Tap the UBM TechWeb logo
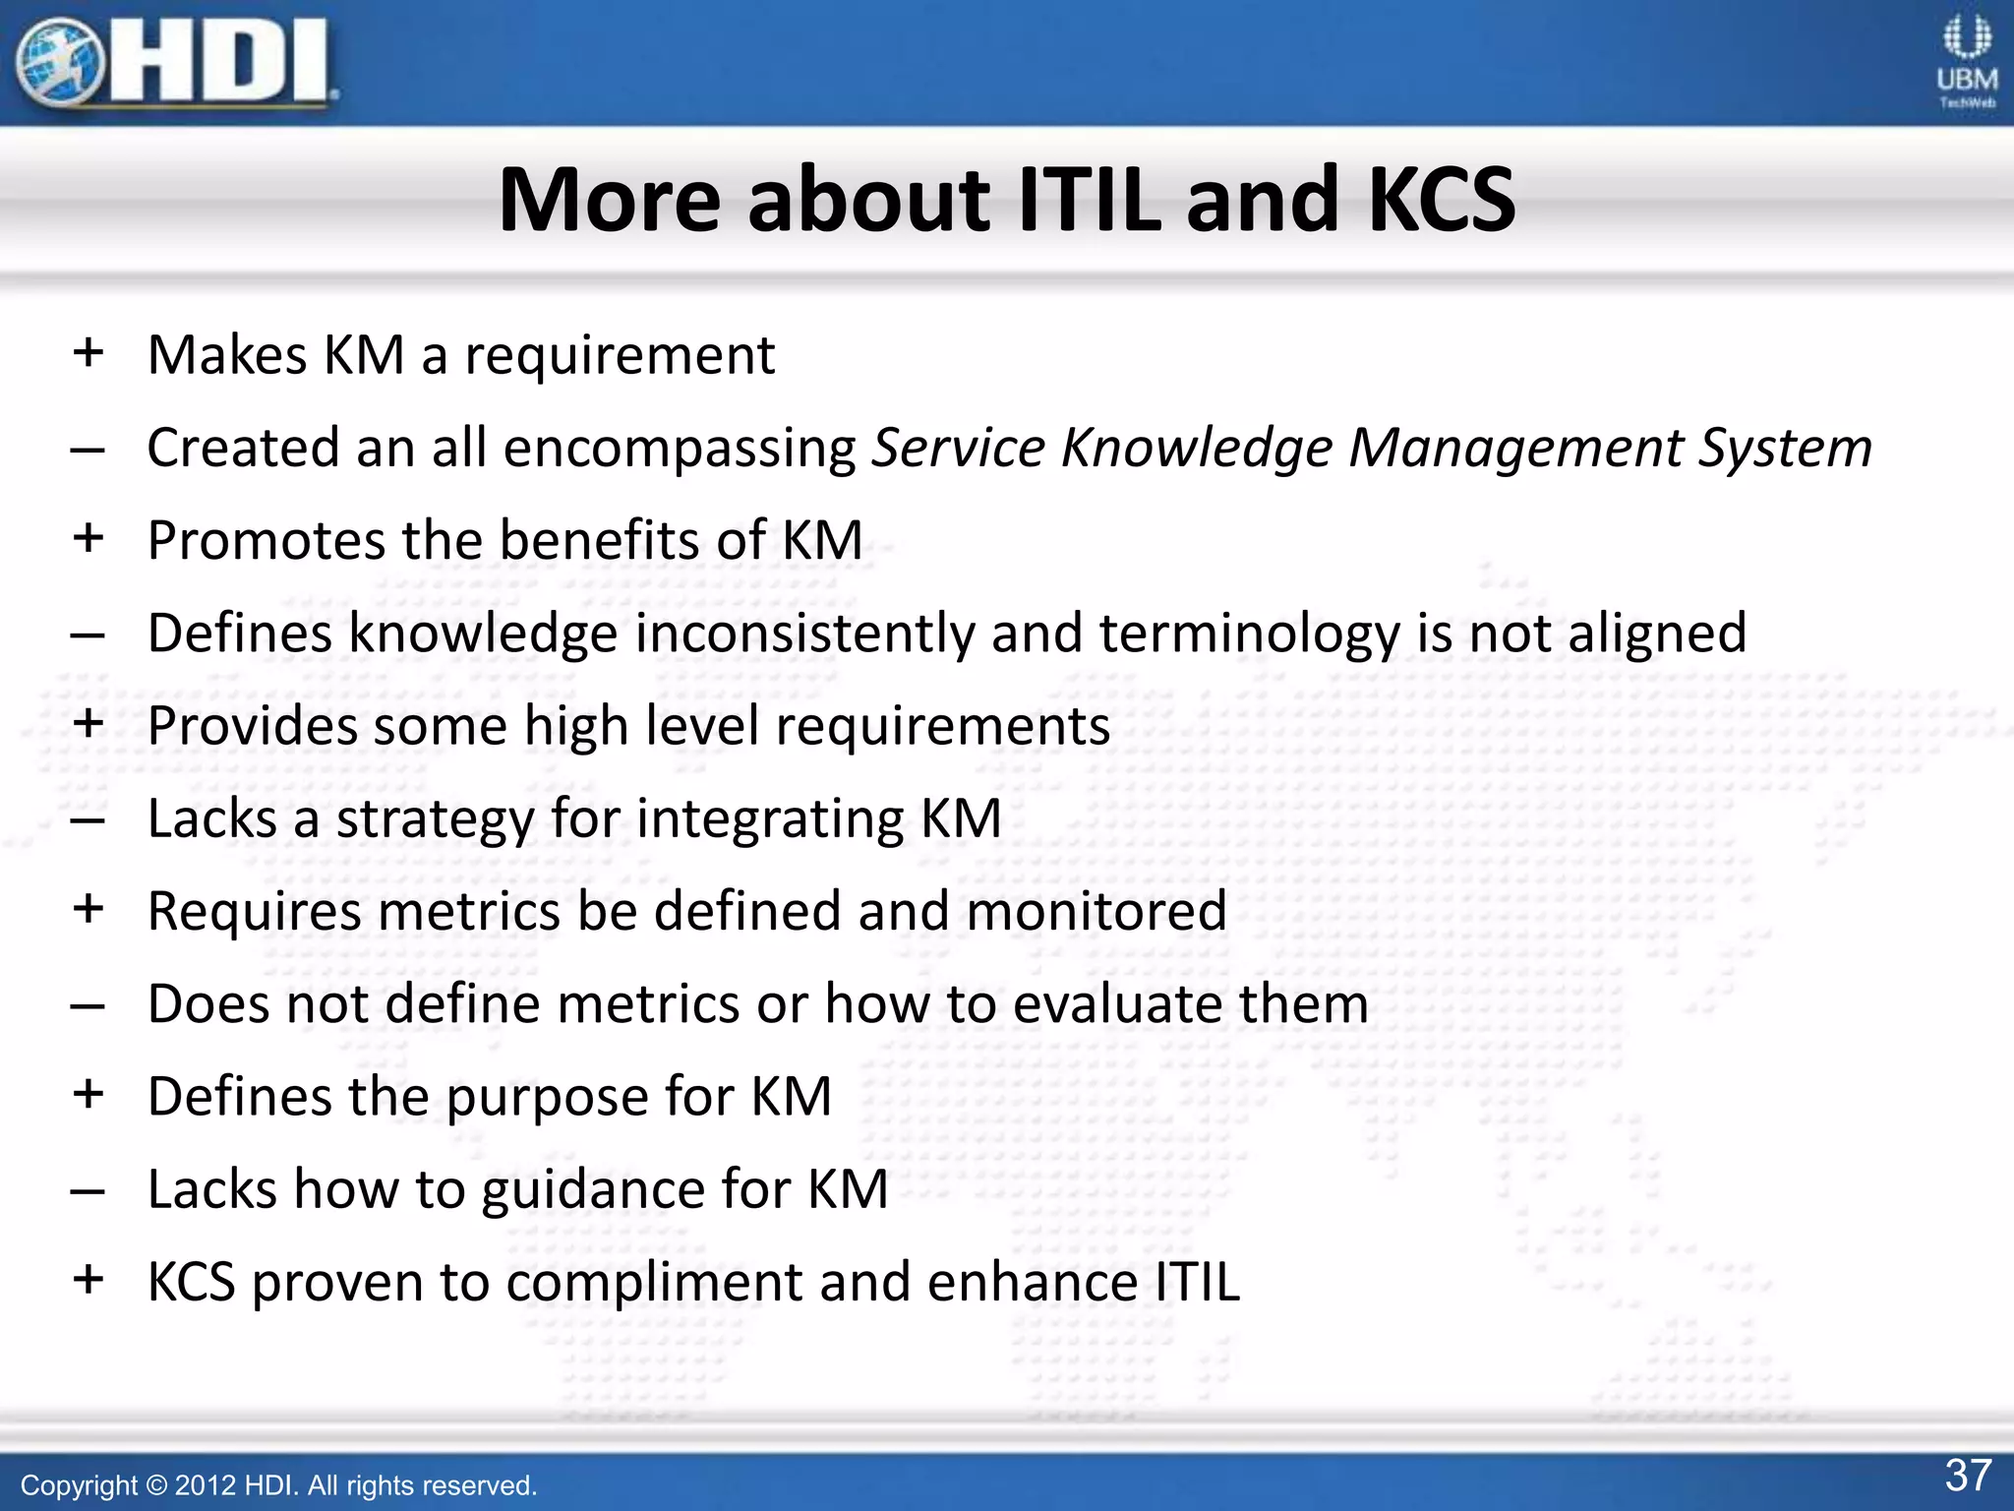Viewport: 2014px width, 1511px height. pyautogui.click(x=1967, y=61)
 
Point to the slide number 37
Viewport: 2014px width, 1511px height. pyautogui.click(x=1968, y=1476)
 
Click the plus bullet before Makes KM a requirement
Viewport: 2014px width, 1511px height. pyautogui.click(x=89, y=352)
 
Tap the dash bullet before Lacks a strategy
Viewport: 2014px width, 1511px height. pyautogui.click(x=88, y=820)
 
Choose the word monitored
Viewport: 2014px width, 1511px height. pyautogui.click(x=1096, y=911)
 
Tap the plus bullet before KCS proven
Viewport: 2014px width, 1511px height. pyautogui.click(x=89, y=1280)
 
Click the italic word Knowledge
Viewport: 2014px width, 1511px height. pyautogui.click(x=1196, y=448)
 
